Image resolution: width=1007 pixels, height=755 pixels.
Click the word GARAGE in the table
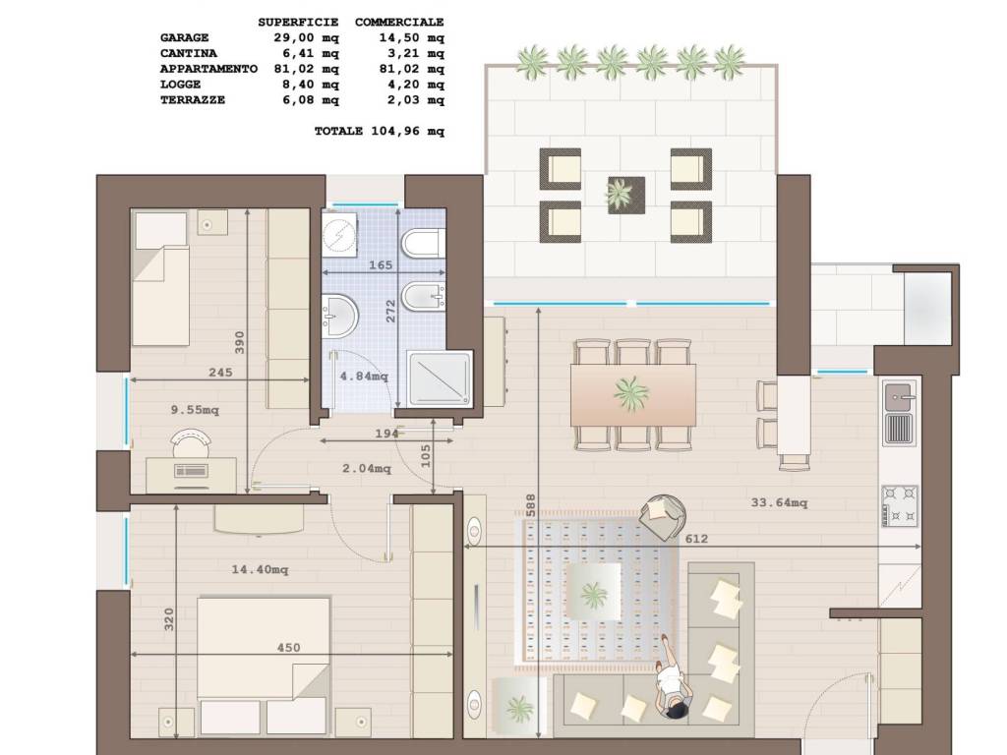184,38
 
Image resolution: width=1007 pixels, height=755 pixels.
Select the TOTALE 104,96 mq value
380,131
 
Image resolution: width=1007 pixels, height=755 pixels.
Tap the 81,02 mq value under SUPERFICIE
307,69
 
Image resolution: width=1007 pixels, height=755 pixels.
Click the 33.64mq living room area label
779,502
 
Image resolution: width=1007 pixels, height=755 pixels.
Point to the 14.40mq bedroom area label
260,569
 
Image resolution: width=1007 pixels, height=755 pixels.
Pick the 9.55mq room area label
195,410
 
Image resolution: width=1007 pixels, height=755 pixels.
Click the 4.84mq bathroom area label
364,377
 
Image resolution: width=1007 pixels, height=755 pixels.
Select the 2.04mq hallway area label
366,469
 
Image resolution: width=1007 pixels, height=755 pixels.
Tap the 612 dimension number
696,539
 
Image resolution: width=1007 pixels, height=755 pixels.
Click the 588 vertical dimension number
530,506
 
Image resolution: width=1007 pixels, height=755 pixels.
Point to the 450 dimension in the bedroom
288,648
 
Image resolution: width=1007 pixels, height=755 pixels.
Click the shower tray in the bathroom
440,379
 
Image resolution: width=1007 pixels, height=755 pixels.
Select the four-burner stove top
900,506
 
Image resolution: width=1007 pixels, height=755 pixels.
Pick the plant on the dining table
630,393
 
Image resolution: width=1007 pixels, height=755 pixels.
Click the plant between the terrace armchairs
620,194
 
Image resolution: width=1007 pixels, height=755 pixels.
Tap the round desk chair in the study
192,442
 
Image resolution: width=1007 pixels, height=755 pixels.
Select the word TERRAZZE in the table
193,100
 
